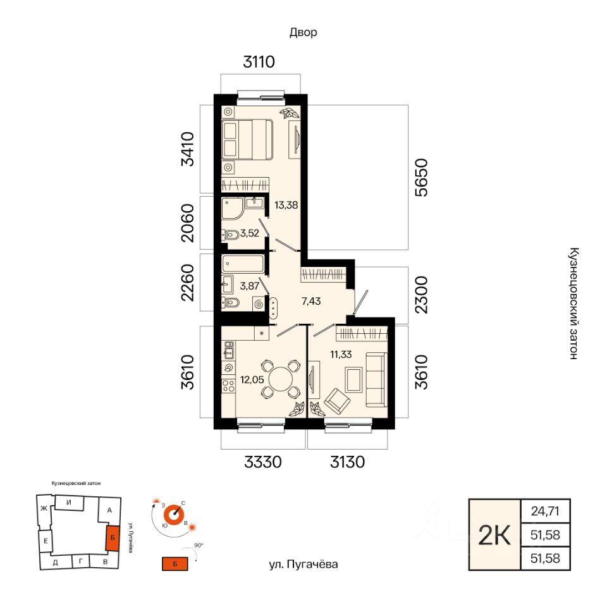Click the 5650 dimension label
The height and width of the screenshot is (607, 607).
[x=422, y=177]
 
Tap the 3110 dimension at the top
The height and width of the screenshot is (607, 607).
[x=259, y=61]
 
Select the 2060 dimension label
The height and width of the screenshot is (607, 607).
[x=188, y=223]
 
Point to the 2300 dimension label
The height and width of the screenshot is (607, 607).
[x=422, y=295]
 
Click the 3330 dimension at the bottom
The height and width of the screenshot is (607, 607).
[x=263, y=462]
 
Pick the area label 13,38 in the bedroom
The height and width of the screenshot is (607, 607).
[x=286, y=205]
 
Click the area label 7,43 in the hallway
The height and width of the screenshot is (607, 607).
[x=311, y=301]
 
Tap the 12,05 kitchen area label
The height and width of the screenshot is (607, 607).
[x=252, y=379]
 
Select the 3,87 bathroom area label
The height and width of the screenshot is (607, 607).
[x=250, y=286]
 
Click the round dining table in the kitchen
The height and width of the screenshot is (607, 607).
[x=281, y=379]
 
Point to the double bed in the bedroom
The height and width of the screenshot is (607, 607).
[x=247, y=139]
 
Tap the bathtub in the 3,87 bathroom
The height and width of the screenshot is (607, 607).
[x=243, y=264]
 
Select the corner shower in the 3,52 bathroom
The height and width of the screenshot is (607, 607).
[x=232, y=208]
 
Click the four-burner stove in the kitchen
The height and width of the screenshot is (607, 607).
[x=228, y=385]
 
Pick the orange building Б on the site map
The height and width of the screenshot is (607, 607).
[x=113, y=538]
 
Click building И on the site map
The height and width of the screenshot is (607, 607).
[x=69, y=503]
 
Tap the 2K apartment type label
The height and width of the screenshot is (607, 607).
[x=494, y=535]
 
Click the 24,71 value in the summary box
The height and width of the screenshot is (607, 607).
[x=545, y=511]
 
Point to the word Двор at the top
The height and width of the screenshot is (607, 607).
[x=303, y=32]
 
